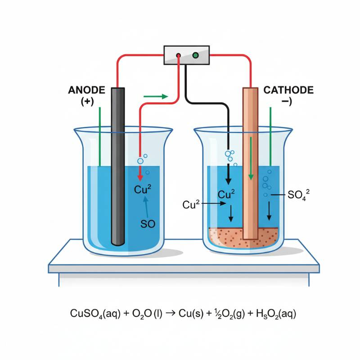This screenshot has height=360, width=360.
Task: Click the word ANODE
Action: click(x=87, y=90)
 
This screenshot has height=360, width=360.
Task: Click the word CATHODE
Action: click(x=288, y=90)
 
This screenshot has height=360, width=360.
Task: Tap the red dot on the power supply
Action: click(x=179, y=56)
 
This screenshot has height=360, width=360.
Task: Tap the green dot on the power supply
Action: click(x=195, y=56)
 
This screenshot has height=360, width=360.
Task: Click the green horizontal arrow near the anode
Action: click(x=155, y=96)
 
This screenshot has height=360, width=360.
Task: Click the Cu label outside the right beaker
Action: click(x=191, y=205)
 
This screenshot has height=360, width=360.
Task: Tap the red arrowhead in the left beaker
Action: click(x=139, y=177)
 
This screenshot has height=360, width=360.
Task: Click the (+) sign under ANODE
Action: click(x=87, y=102)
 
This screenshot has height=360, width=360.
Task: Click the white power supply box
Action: click(x=186, y=56)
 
